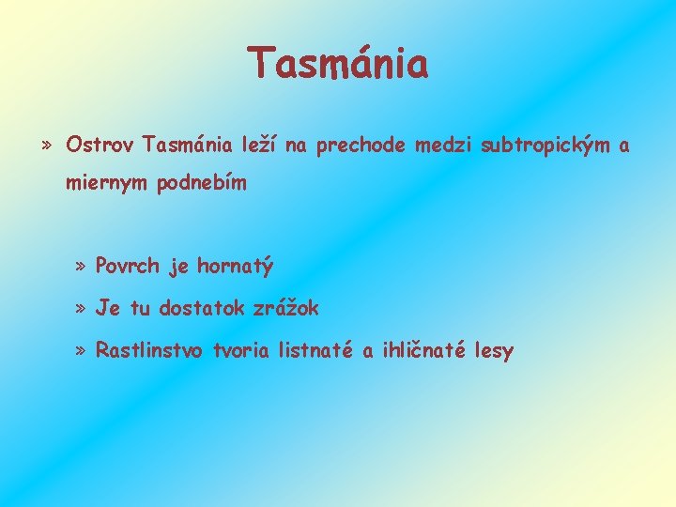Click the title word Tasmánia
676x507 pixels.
[338, 64]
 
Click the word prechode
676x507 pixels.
[361, 146]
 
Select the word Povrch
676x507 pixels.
[129, 267]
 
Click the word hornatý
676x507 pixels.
[236, 268]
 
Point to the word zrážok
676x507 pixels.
[286, 308]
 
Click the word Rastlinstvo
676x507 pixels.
[151, 351]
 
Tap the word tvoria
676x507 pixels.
[241, 351]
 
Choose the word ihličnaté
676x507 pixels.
[423, 351]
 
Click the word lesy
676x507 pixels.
[494, 352]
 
